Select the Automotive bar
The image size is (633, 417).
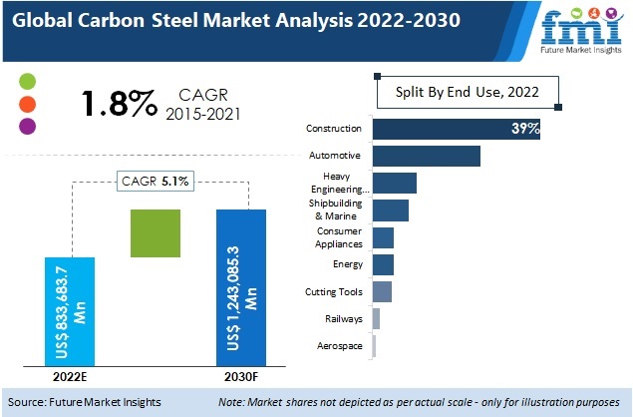click(x=426, y=156)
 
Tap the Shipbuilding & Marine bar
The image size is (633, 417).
click(x=390, y=209)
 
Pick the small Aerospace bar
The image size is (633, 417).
click(x=374, y=345)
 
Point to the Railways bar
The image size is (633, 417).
click(x=376, y=318)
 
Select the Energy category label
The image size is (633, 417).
click(x=348, y=264)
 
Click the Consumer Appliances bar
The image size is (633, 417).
click(x=383, y=237)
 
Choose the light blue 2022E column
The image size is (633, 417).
click(x=70, y=310)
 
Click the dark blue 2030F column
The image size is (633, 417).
click(x=241, y=287)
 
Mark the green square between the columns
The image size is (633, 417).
click(x=156, y=233)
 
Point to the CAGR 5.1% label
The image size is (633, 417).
click(x=157, y=181)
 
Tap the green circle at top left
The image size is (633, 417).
click(x=28, y=81)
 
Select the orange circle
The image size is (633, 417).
click(x=28, y=104)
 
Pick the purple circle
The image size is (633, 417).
click(x=28, y=127)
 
